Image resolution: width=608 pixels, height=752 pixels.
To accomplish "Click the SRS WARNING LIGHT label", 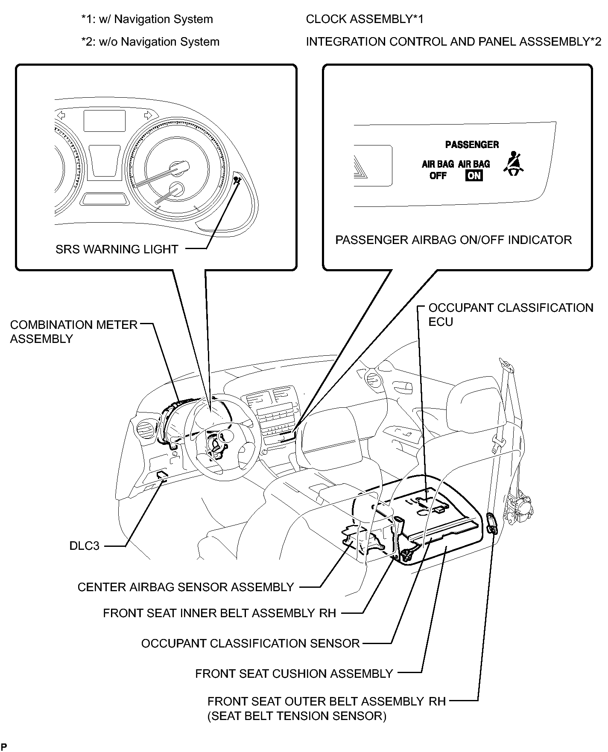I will tap(117, 249).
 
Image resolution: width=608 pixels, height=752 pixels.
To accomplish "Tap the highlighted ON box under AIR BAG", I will tap(474, 176).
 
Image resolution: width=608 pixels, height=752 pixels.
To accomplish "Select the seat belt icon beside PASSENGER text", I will tap(514, 164).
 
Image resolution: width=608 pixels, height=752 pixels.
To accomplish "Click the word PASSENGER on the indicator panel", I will tap(472, 145).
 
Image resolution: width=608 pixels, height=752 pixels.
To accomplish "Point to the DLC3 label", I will tap(84, 546).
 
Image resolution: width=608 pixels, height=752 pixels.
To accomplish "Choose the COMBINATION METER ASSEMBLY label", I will tap(73, 331).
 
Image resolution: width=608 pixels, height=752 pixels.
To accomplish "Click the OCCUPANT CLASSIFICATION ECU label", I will tap(510, 315).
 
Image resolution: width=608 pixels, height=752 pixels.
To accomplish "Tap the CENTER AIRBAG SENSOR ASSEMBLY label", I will tap(186, 587).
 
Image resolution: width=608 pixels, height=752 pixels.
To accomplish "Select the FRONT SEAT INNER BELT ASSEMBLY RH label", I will tap(219, 613).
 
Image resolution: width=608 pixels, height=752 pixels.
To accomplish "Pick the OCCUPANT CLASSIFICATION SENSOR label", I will tap(250, 643).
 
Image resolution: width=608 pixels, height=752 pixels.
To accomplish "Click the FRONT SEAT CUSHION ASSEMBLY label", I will tap(294, 674).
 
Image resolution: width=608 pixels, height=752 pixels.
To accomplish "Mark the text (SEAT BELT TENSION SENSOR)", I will tap(297, 716).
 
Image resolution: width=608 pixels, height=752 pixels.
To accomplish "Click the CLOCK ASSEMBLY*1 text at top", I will tap(365, 19).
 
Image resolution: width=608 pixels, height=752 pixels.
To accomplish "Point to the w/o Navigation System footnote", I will tap(150, 42).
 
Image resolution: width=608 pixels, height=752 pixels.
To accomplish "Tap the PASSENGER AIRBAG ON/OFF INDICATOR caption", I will tap(453, 240).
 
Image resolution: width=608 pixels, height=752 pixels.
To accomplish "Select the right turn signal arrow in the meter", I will tap(148, 114).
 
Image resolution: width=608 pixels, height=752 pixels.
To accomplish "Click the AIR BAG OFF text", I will tap(438, 170).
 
